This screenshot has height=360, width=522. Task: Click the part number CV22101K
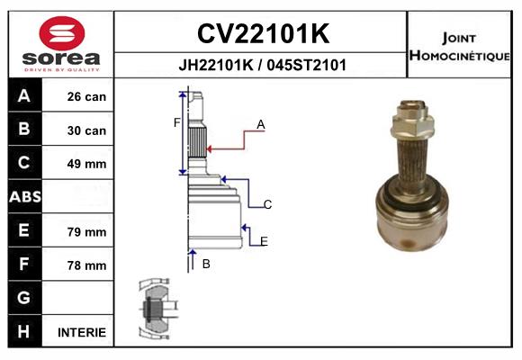click(x=262, y=33)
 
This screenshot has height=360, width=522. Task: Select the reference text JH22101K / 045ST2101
click(x=262, y=65)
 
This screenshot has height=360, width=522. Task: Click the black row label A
click(x=24, y=96)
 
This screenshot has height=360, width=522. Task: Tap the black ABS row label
click(x=24, y=197)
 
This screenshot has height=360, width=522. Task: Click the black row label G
click(x=24, y=298)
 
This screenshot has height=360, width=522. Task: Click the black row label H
click(x=24, y=331)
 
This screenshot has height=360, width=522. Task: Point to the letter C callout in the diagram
click(x=267, y=205)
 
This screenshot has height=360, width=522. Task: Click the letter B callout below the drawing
click(x=206, y=264)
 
